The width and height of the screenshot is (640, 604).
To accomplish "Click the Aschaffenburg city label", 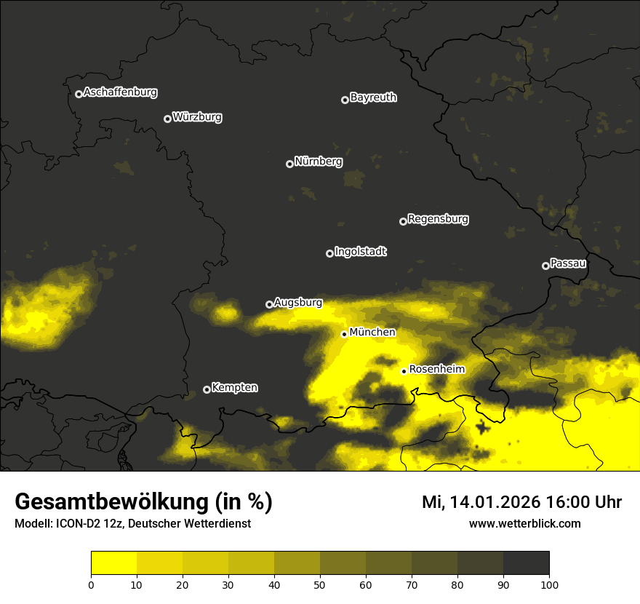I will click(120, 92).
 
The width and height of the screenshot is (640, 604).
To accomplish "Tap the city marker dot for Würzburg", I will click(167, 119).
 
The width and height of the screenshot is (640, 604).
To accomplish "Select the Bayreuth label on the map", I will click(373, 98).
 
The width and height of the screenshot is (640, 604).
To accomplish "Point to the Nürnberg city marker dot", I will click(289, 164).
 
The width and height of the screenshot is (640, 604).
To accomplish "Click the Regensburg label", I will click(438, 218).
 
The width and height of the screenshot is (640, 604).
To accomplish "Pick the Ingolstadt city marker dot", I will click(329, 253).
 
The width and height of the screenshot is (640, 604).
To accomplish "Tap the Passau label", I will click(568, 263).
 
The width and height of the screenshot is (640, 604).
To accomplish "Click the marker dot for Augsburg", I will click(269, 304).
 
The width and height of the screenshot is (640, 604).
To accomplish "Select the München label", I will click(372, 333).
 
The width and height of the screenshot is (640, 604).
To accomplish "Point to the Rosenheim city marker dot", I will click(404, 371).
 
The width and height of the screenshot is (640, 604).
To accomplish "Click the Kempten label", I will click(234, 387).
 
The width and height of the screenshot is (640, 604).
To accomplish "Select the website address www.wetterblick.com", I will click(524, 523).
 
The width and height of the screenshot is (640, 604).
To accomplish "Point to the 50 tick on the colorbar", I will click(320, 584).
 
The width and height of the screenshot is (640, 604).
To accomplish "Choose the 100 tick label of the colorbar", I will click(549, 584).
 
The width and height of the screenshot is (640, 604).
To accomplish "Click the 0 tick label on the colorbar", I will click(91, 584).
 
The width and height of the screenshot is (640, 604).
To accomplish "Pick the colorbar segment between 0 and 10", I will click(113, 563).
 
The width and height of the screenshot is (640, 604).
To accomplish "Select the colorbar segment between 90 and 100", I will click(526, 563).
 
